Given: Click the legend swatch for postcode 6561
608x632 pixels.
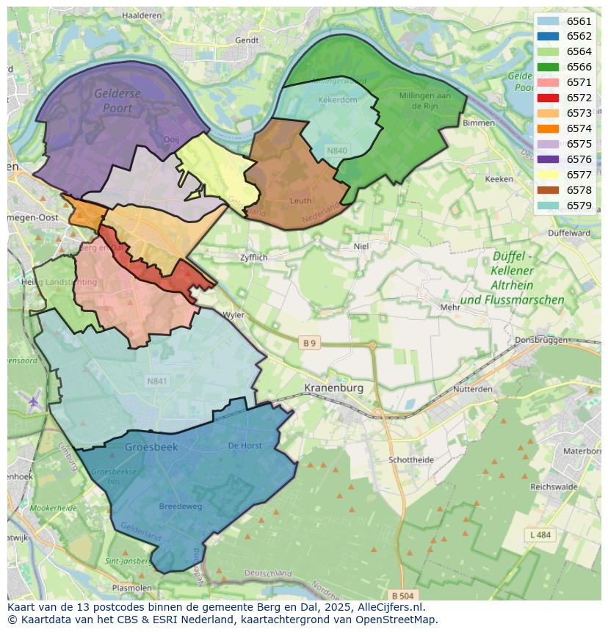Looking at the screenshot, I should click(547, 21).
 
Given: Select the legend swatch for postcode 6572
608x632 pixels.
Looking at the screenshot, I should click(547, 98).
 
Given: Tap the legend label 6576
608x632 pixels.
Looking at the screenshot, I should click(579, 159).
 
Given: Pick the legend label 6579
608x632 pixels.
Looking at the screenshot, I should click(579, 206).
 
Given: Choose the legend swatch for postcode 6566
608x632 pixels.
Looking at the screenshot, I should click(547, 67).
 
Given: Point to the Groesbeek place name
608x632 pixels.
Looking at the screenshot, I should click(152, 446).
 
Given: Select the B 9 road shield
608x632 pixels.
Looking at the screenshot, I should click(310, 343).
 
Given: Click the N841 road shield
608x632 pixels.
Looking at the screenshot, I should click(157, 381).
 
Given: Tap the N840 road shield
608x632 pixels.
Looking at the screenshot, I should click(337, 150).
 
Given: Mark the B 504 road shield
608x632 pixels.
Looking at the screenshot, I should click(403, 595).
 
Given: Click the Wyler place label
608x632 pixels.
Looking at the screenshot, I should click(233, 314).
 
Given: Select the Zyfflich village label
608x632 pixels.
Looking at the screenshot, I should click(254, 258).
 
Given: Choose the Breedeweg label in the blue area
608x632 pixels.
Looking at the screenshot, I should click(181, 506).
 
